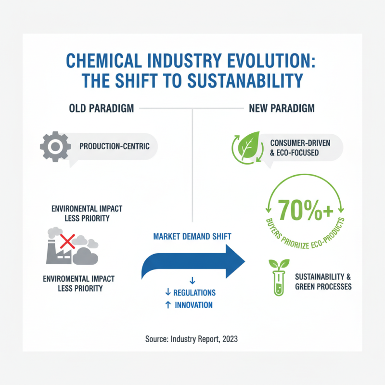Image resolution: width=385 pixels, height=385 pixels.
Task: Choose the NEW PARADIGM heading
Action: coord(282,109)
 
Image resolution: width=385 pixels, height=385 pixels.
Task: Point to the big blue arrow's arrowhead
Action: coord(233,261)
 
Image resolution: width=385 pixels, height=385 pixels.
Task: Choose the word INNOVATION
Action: coord(193,305)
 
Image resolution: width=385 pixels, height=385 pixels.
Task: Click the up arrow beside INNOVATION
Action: coord(168,305)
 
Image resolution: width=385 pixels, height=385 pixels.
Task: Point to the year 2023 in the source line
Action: coord(229,339)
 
